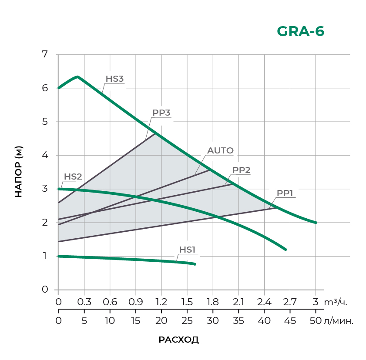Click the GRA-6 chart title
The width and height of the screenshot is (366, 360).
[x=300, y=32]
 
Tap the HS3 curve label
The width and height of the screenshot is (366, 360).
[x=114, y=79]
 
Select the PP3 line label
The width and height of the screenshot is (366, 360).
[x=161, y=113]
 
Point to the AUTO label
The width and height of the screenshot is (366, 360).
[x=220, y=151]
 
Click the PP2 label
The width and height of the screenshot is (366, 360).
[x=241, y=170]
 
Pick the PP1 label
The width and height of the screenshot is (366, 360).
[x=285, y=193]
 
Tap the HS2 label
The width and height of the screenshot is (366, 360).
[x=73, y=177]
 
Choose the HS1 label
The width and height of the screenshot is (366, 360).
[x=188, y=250]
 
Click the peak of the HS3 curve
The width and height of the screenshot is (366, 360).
[x=77, y=77]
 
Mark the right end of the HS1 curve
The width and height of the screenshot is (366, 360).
[x=195, y=264]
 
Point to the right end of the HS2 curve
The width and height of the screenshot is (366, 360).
[x=285, y=250]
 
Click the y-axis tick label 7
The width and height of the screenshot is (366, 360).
[x=44, y=54]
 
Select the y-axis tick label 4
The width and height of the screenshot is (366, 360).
[x=44, y=155]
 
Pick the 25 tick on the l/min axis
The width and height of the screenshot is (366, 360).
[x=187, y=321]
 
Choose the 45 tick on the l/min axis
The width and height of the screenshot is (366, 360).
[x=290, y=321]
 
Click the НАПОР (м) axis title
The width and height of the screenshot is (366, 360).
[x=18, y=172]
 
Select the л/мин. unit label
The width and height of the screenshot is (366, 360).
[x=339, y=321]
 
